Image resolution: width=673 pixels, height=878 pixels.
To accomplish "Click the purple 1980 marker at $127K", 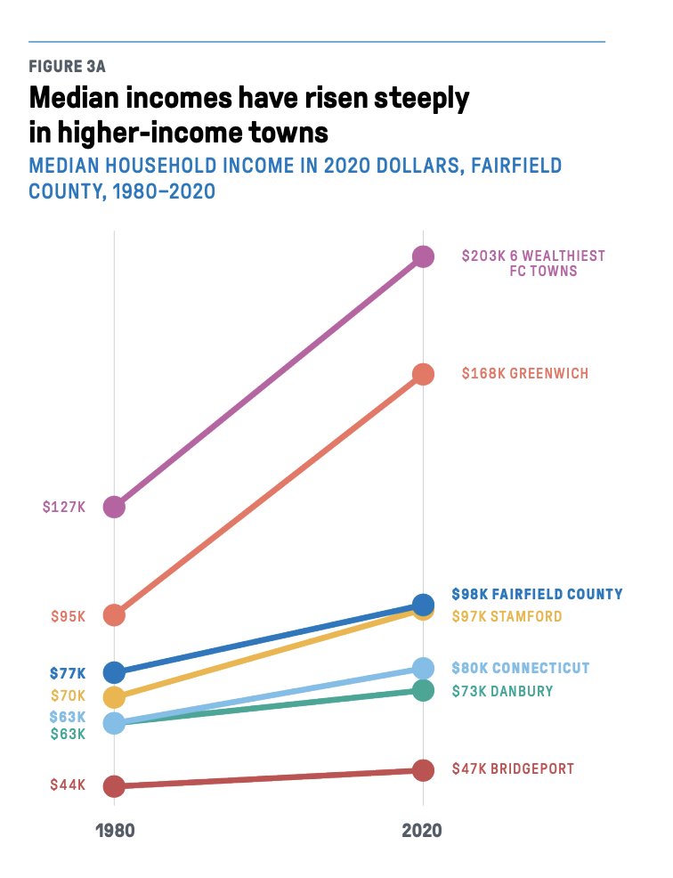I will [114, 507].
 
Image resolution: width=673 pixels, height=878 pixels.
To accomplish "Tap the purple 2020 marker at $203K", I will [423, 256].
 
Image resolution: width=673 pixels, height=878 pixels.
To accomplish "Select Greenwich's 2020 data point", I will [423, 374].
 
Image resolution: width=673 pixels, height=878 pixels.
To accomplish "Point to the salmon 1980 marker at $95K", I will [114, 615].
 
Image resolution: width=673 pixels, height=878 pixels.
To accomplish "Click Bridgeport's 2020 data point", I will [423, 770].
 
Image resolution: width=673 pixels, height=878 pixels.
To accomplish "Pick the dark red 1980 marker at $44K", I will [114, 786].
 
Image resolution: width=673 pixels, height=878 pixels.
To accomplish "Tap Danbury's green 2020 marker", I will [423, 690].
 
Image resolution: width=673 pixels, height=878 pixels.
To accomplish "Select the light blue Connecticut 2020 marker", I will [423, 668].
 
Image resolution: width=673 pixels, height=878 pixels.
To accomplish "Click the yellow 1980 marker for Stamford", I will [114, 696].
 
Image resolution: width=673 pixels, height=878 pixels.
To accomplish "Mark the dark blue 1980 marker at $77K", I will [114, 672].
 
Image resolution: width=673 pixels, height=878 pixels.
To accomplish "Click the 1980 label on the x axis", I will [115, 831].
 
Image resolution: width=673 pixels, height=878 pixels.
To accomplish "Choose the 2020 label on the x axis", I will [422, 831].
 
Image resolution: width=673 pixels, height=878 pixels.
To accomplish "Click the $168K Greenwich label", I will [524, 374].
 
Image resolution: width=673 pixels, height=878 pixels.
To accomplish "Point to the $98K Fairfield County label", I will [537, 594].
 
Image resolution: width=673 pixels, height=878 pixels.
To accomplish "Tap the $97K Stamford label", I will [507, 616].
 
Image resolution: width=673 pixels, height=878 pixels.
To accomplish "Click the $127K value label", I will [64, 507].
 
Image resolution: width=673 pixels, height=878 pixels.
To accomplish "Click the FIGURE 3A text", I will [68, 67].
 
